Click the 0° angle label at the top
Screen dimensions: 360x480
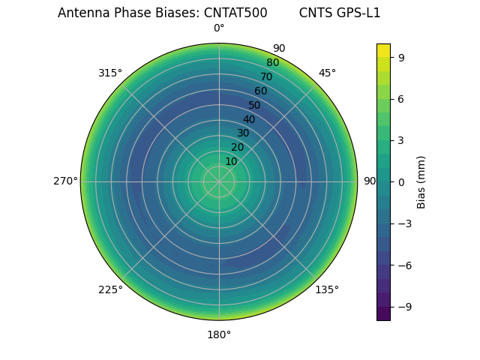219,28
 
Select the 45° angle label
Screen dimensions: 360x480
327,73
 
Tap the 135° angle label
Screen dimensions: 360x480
327,289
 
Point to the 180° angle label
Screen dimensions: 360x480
219,334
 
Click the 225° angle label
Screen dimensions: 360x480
110,289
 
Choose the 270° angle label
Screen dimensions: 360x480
65,181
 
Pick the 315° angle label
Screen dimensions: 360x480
110,73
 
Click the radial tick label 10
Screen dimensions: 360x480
231,161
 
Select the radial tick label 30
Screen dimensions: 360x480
243,133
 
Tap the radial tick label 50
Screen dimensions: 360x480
255,105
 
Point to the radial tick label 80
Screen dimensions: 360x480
272,63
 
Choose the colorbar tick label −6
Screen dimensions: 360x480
403,265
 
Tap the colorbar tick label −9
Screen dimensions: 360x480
403,307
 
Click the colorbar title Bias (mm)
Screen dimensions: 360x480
421,181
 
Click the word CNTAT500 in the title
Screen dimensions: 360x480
235,13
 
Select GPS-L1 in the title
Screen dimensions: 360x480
356,13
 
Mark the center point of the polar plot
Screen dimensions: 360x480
219,181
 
